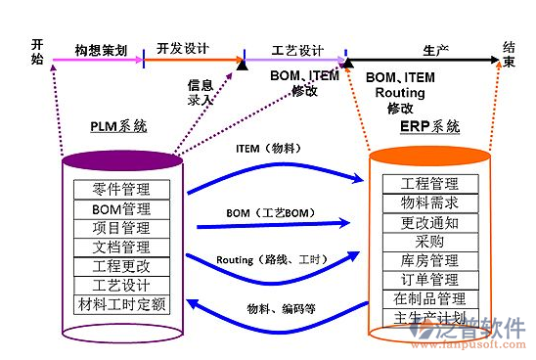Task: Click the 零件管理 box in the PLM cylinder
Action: click(x=122, y=190)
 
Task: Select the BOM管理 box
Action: click(x=122, y=208)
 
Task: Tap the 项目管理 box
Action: click(x=122, y=228)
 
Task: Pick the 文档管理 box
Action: click(x=122, y=247)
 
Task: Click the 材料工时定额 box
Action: click(x=122, y=304)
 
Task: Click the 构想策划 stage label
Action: click(x=101, y=49)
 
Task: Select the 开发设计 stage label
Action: click(x=184, y=49)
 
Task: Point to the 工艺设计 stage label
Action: click(x=297, y=49)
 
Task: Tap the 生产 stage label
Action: click(x=436, y=47)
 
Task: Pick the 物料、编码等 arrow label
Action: click(x=279, y=308)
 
